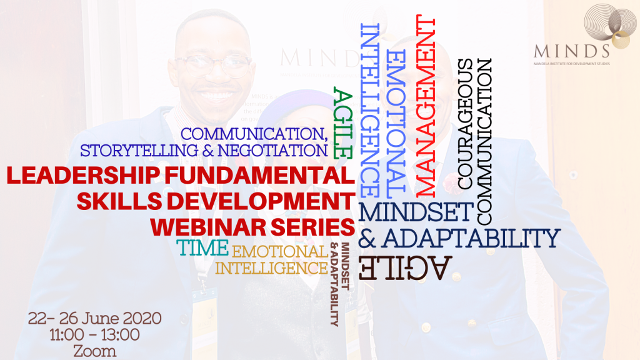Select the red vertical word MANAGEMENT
(x=425, y=106)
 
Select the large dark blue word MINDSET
(x=416, y=212)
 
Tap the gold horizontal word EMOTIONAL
(x=279, y=251)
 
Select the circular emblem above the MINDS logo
(x=605, y=25)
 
